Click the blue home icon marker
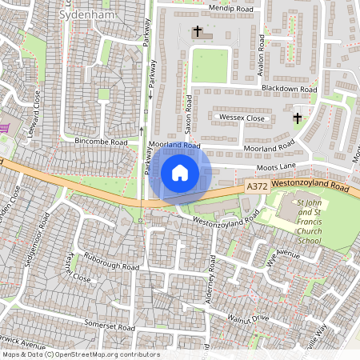[x=180, y=172]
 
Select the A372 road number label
[x=257, y=186]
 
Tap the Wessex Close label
[x=241, y=118]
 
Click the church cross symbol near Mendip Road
[x=198, y=32]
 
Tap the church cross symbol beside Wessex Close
[x=297, y=118]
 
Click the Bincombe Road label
[x=102, y=142]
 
